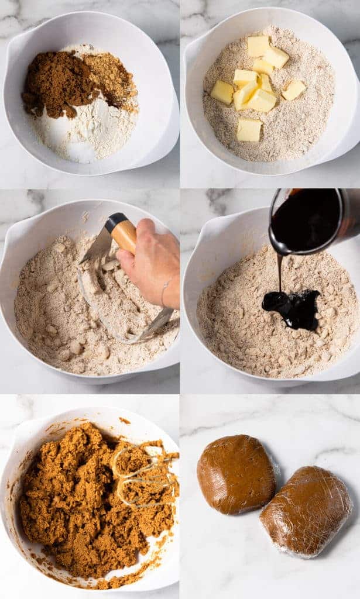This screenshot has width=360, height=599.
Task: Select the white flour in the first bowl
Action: (x=88, y=132)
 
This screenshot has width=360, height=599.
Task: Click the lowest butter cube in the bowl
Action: (x=249, y=129)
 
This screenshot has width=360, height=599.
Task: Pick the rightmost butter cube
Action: (x=293, y=89)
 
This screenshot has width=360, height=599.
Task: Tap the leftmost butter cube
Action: (x=222, y=92)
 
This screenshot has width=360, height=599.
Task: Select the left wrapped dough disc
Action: (x=235, y=474)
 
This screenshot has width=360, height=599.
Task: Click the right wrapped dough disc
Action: (x=306, y=510)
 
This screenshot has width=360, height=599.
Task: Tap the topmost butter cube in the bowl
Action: (x=258, y=46)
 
